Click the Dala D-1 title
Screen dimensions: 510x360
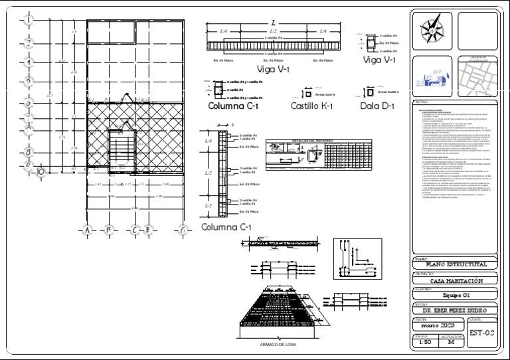[x=377, y=106]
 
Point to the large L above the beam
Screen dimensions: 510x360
[x=273, y=24]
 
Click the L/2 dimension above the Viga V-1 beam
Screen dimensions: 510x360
[x=273, y=31]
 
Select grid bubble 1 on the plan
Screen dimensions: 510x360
[x=30, y=19]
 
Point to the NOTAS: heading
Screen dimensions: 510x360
[x=421, y=102]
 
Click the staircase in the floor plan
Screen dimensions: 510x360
[x=121, y=147]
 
